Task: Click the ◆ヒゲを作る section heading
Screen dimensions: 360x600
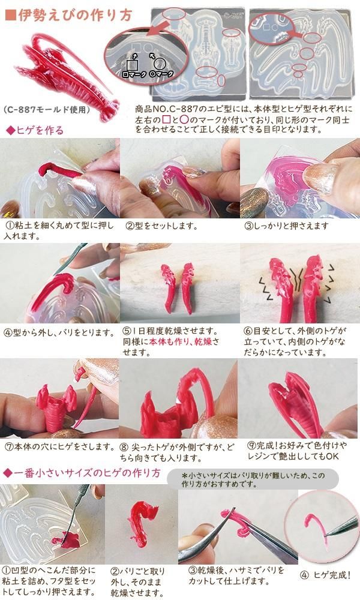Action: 35,130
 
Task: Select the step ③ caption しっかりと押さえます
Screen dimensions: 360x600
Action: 287,226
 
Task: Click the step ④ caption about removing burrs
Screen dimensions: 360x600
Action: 59,332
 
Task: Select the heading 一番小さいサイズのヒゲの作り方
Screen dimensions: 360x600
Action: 82,473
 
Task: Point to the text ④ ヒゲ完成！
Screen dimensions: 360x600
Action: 326,575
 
